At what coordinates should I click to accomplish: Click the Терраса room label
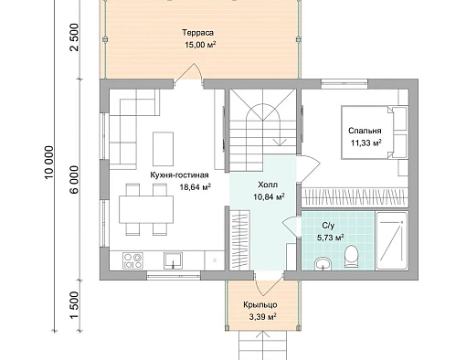click(197, 33)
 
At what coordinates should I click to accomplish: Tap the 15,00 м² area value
click(200, 45)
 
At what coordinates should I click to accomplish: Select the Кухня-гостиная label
click(179, 175)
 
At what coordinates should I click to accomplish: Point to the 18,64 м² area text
click(196, 187)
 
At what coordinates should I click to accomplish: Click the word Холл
click(268, 185)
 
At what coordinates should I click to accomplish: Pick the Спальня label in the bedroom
click(365, 131)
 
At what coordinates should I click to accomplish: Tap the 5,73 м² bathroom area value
click(331, 238)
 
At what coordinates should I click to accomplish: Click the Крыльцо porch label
click(260, 305)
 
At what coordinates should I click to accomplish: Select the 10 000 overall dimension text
click(49, 163)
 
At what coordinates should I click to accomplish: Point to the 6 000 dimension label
click(75, 180)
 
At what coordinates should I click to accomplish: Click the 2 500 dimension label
click(75, 37)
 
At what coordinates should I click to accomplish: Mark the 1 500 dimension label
click(75, 305)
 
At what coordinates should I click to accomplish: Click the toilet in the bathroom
click(351, 257)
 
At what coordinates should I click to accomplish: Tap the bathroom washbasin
click(323, 263)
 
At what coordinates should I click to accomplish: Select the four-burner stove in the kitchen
click(132, 260)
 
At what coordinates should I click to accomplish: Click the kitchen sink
click(173, 260)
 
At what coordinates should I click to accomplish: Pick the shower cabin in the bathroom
click(392, 240)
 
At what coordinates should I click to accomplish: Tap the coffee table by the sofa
click(163, 149)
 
